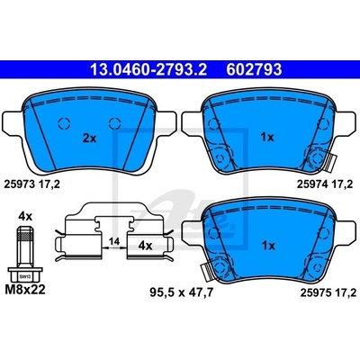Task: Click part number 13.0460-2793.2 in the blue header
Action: (148, 69)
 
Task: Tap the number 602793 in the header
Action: (254, 69)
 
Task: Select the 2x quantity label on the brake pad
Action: (89, 139)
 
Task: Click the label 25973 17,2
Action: (31, 184)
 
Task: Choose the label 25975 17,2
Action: (328, 292)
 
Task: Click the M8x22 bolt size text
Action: (25, 290)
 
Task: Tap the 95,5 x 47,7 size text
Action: (182, 292)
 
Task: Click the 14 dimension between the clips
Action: (114, 241)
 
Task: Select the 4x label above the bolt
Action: (25, 216)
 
